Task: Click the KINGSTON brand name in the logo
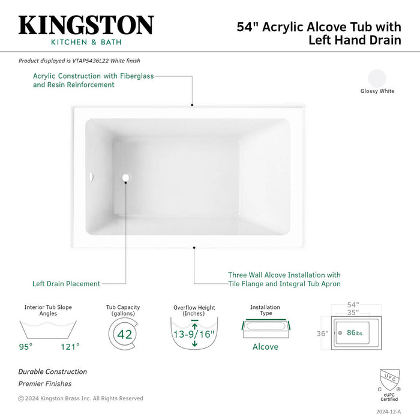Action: [x=86, y=25]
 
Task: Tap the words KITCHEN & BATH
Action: [x=86, y=42]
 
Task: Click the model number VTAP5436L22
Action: [x=91, y=61]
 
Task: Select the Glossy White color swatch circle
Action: [x=377, y=78]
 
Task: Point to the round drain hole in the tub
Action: [x=125, y=178]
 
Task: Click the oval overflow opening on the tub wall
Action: [x=91, y=177]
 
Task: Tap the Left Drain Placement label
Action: [x=66, y=284]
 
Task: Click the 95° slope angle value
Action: [x=26, y=347]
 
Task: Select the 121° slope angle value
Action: [x=70, y=347]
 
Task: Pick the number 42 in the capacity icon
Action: [x=125, y=334]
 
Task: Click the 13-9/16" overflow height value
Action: [x=194, y=334]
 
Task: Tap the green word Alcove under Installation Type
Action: [x=265, y=347]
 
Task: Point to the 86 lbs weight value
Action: [x=355, y=332]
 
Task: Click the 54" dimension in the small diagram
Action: [x=353, y=305]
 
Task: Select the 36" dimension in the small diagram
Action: [x=323, y=334]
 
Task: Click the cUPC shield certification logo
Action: [x=389, y=380]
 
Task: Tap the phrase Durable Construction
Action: [x=53, y=371]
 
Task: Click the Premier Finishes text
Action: [x=45, y=383]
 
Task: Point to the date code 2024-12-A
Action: [x=388, y=412]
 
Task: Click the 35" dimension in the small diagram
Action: [x=353, y=313]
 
